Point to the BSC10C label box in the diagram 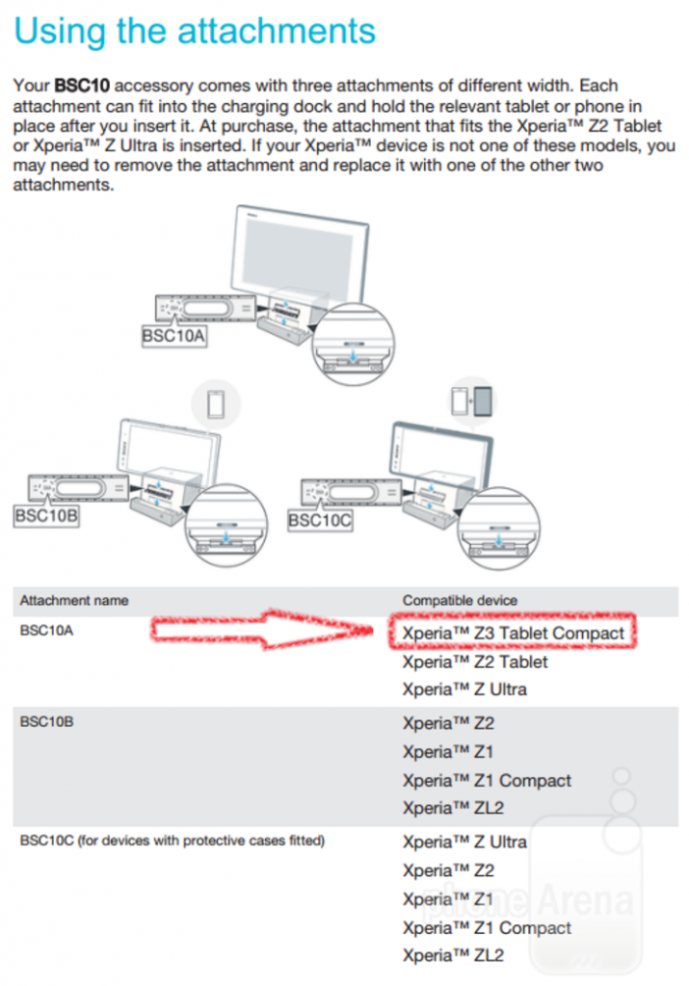(x=320, y=520)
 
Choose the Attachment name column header (x=73, y=600)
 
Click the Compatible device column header (x=460, y=600)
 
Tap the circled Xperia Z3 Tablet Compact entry (x=514, y=634)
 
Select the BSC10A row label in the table (x=42, y=633)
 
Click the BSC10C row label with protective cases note (x=172, y=841)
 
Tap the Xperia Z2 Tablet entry (x=474, y=662)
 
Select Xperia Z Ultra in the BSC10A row (x=464, y=689)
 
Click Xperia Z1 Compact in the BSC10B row (x=487, y=780)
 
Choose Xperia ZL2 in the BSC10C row (x=453, y=956)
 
